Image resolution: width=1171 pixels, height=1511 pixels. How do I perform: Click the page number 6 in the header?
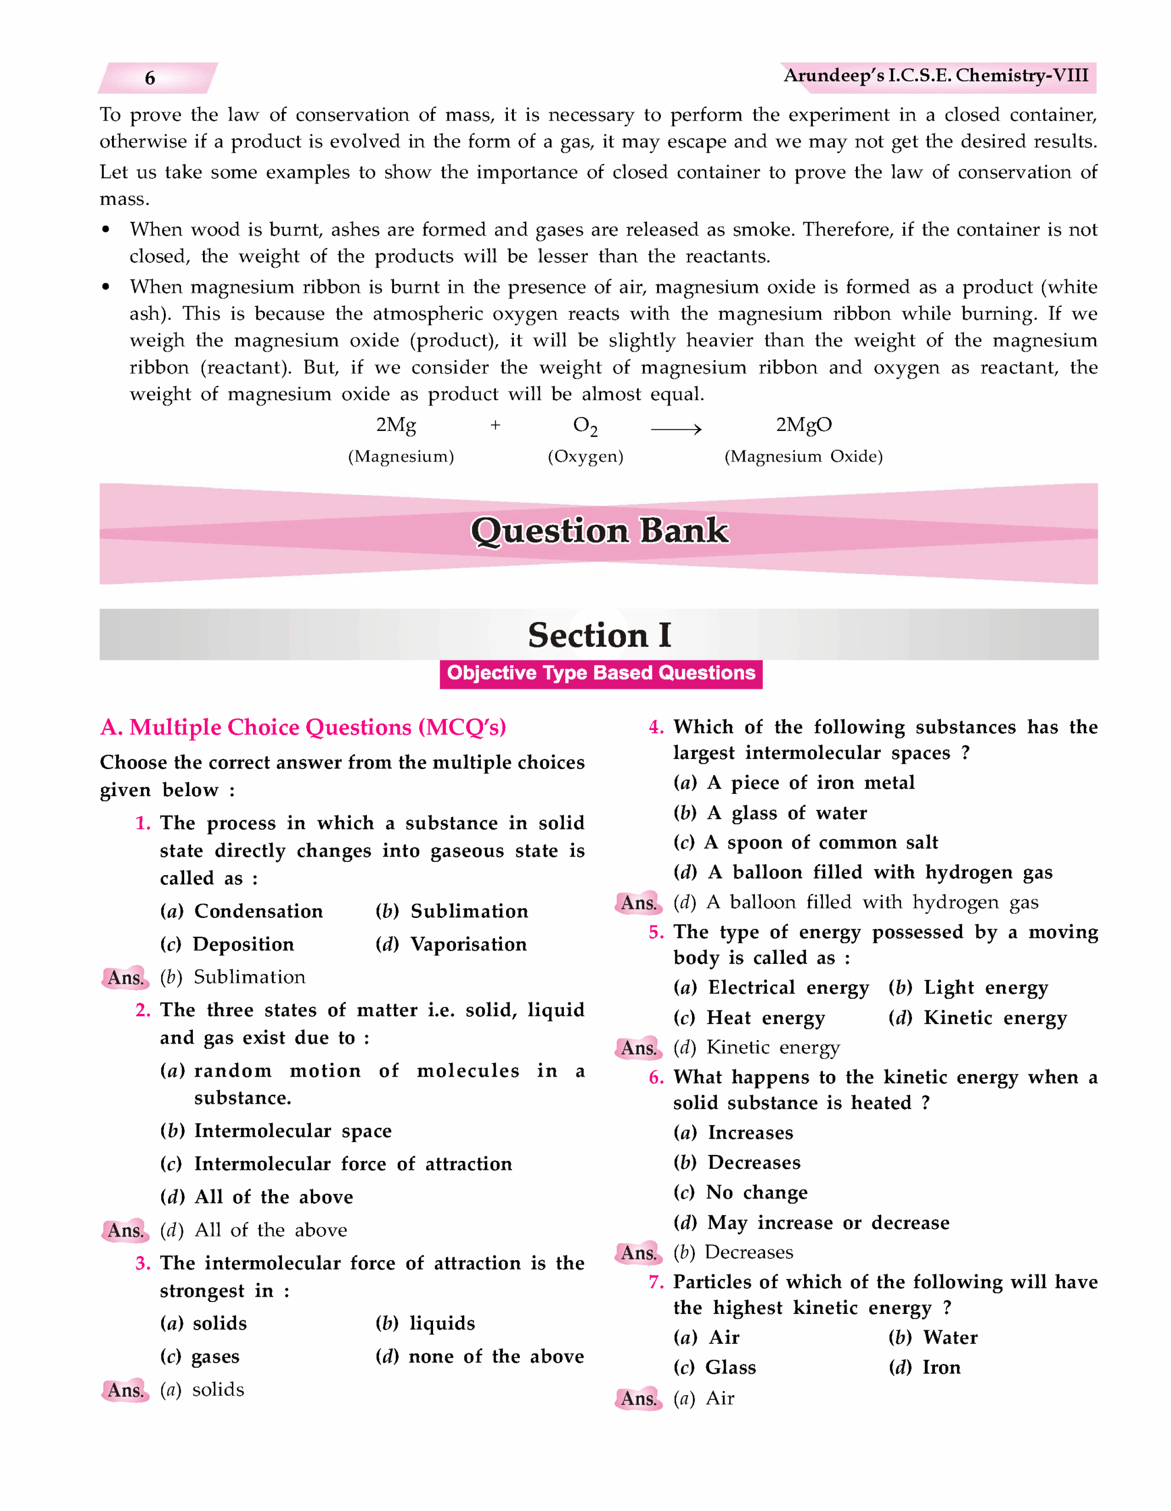149,78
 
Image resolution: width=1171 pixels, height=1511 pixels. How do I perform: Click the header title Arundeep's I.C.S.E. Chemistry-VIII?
935,76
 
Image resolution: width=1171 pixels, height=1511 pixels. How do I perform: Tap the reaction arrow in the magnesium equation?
676,430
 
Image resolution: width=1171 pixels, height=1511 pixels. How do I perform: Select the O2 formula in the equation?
585,426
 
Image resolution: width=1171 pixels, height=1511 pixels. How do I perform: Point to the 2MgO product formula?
803,425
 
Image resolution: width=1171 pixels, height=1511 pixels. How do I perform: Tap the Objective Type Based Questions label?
601,673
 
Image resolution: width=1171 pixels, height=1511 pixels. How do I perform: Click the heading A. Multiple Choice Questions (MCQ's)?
303,727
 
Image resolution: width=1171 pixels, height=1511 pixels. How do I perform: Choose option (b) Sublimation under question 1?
452,911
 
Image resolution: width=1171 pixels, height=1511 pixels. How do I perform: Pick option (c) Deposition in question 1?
227,944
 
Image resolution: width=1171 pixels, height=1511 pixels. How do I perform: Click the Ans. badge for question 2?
125,1230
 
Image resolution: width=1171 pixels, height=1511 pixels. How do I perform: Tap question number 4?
656,727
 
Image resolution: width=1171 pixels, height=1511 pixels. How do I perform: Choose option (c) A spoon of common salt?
806,843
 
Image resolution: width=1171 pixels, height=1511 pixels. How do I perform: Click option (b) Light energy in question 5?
967,988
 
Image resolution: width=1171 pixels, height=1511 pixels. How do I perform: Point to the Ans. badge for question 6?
638,1253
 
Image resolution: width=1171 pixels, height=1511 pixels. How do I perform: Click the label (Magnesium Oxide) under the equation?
803,457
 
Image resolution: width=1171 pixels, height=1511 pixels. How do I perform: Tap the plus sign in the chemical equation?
495,426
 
